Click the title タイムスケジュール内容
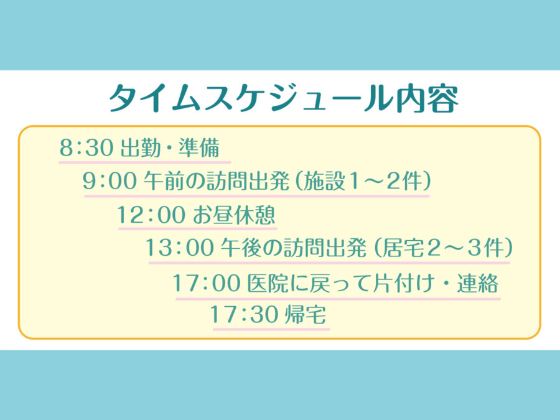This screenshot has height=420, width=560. pyautogui.click(x=284, y=98)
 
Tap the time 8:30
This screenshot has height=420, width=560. pyautogui.click(x=86, y=147)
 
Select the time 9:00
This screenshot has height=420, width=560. pyautogui.click(x=110, y=180)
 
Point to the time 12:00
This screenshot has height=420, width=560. pyautogui.click(x=151, y=214)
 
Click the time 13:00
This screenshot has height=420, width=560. pyautogui.click(x=180, y=247)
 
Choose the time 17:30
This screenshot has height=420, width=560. pyautogui.click(x=243, y=314)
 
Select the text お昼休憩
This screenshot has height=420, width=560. pyautogui.click(x=235, y=214)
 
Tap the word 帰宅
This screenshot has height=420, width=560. pyautogui.click(x=306, y=314)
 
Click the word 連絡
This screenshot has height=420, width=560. pyautogui.click(x=477, y=283)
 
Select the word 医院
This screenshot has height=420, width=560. pyautogui.click(x=268, y=283)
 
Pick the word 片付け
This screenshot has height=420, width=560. pyautogui.click(x=403, y=283)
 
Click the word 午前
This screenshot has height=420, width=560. pyautogui.click(x=164, y=180)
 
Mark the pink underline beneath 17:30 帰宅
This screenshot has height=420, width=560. pyautogui.click(x=271, y=328)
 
